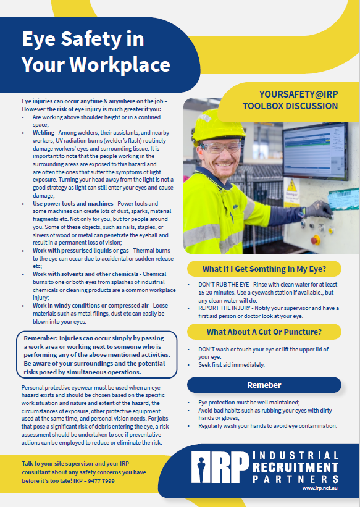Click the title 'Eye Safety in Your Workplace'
point(96,52)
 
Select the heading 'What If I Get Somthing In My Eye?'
point(264,269)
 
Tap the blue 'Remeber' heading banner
point(264,385)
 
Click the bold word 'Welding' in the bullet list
point(44,133)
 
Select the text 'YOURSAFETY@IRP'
point(290,94)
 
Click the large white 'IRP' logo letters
point(220,467)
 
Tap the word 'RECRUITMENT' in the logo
point(296,467)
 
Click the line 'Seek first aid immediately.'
point(232,365)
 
